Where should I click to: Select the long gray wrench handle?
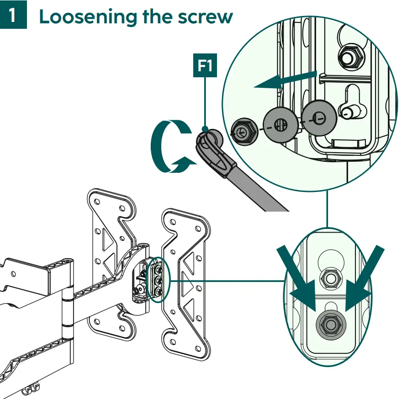[256, 187]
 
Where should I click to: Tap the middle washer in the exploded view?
[280, 123]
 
